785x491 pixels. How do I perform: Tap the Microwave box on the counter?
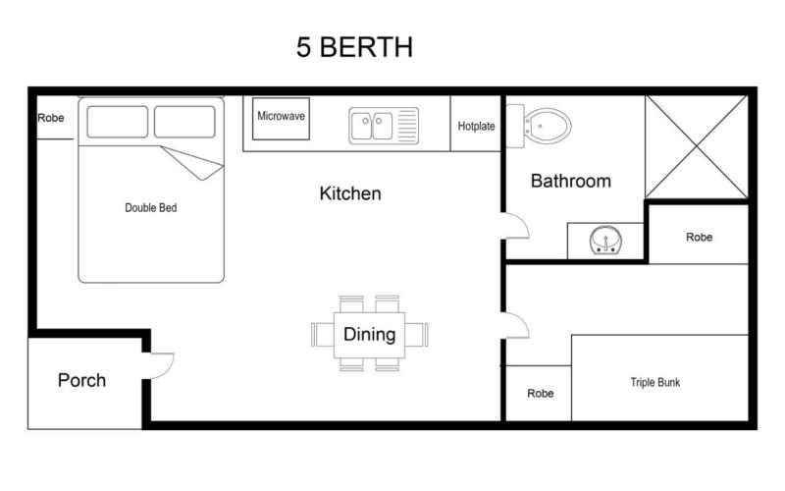282,117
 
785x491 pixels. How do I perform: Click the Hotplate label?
476,126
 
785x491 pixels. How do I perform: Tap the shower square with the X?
697,147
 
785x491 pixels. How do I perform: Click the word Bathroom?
570,181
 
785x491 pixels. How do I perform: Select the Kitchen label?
350,193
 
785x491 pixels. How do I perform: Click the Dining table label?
369,334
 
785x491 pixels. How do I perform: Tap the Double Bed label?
151,208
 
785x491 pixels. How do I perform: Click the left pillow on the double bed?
118,122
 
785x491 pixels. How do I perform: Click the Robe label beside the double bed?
51,118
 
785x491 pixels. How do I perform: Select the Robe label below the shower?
699,238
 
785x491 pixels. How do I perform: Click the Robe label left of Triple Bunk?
540,393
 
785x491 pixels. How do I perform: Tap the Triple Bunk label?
654,382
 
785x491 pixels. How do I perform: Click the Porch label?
81,380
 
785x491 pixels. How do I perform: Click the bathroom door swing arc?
517,228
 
